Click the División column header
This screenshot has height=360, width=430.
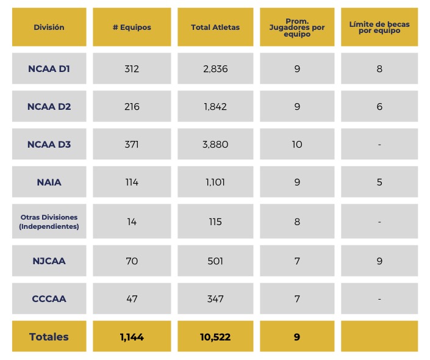pos(49,27)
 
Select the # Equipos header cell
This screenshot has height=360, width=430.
pos(132,27)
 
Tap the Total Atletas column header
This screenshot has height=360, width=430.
pos(215,27)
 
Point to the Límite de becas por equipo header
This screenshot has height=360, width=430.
pos(379,27)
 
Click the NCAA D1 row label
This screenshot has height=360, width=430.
pos(49,69)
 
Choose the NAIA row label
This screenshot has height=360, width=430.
pos(49,182)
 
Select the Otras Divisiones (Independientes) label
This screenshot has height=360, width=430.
pos(49,221)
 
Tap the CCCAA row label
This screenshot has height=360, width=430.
pos(49,299)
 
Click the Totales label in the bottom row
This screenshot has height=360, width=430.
pos(49,337)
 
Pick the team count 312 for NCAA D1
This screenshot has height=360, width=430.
pos(132,69)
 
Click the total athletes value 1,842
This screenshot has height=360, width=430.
pos(215,107)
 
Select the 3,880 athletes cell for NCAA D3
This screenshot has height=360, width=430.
pos(215,145)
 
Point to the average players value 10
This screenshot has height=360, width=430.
pos(297,145)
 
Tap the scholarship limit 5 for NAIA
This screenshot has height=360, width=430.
pos(379,182)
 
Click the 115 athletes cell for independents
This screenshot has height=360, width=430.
pos(215,221)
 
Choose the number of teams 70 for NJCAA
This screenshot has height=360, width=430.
pos(132,261)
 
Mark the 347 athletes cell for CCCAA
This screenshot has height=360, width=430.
pos(215,299)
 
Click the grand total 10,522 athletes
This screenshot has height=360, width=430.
pos(215,337)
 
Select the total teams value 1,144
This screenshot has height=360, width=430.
pos(132,337)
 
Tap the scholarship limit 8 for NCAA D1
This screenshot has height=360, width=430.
pos(379,69)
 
